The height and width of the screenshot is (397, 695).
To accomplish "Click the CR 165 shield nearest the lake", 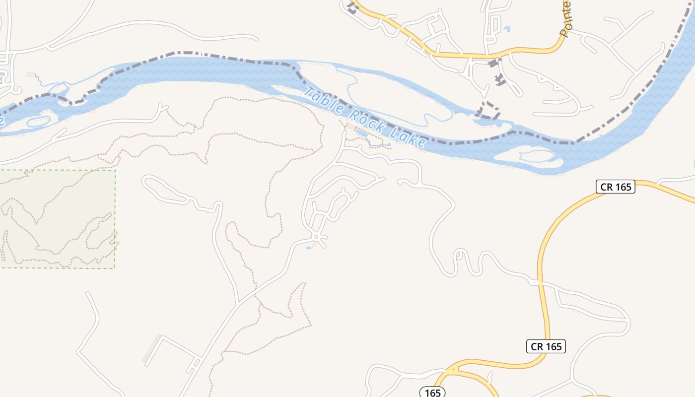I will point(615,187).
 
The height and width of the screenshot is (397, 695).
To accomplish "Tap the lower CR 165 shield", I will point(546,346).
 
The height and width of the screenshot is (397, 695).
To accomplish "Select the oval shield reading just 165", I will point(432,393).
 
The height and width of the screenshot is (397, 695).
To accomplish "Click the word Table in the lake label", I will point(323,101).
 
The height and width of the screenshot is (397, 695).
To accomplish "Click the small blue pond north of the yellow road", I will point(507,29).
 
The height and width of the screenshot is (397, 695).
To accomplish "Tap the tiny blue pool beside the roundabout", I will point(309,247).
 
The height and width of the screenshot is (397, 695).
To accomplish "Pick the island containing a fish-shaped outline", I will point(526,156).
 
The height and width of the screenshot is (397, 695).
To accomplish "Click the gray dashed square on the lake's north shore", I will point(489,110).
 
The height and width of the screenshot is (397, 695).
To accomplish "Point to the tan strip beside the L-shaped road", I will point(151,348).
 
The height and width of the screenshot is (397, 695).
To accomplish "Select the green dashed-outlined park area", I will point(57,218).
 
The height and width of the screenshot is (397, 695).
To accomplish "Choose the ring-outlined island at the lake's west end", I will point(39,121).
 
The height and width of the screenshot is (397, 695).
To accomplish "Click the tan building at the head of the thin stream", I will point(31,74).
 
